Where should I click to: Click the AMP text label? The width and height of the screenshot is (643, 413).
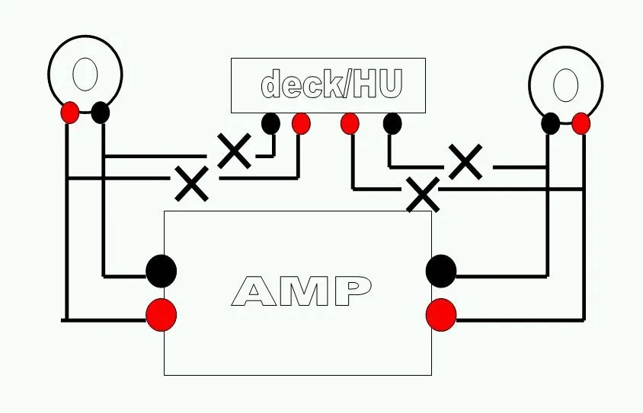pyautogui.click(x=302, y=291)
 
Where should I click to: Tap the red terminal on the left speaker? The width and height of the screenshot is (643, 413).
pyautogui.click(x=69, y=113)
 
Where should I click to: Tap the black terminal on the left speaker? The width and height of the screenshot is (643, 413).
pyautogui.click(x=100, y=113)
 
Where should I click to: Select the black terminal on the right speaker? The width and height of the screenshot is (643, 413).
pyautogui.click(x=550, y=123)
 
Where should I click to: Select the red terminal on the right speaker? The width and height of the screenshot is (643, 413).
pyautogui.click(x=581, y=123)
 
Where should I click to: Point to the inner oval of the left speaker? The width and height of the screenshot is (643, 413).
pyautogui.click(x=85, y=75)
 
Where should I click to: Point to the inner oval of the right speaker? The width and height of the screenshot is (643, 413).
pyautogui.click(x=565, y=84)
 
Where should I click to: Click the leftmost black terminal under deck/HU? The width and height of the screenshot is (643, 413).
pyautogui.click(x=270, y=123)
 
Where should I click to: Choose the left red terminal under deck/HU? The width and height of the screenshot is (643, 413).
pyautogui.click(x=301, y=123)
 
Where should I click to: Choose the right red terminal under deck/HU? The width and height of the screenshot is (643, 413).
pyautogui.click(x=350, y=123)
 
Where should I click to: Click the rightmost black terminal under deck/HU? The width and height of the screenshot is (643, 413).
pyautogui.click(x=392, y=123)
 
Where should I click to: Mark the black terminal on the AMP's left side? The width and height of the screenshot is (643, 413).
pyautogui.click(x=161, y=271)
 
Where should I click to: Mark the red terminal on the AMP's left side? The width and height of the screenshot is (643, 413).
pyautogui.click(x=161, y=315)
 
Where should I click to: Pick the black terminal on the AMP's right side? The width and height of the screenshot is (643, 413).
pyautogui.click(x=441, y=271)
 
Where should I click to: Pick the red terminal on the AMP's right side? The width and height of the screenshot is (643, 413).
pyautogui.click(x=441, y=315)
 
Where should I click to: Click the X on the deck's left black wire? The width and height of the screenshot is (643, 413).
pyautogui.click(x=235, y=151)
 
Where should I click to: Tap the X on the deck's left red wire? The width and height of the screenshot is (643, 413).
pyautogui.click(x=192, y=183)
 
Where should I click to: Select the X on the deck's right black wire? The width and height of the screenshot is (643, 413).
pyautogui.click(x=465, y=162)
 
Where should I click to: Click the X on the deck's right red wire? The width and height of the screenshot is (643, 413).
pyautogui.click(x=423, y=195)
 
